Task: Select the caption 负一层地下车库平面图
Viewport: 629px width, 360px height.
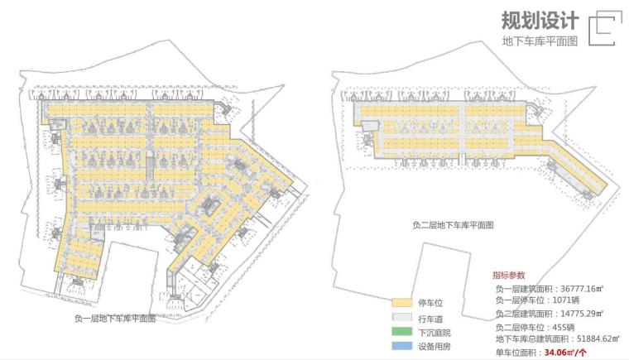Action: (115, 318)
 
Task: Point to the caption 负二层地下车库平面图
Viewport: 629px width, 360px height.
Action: (453, 224)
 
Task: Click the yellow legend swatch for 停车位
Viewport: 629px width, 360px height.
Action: (401, 303)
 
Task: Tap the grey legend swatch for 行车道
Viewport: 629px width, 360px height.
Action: (401, 317)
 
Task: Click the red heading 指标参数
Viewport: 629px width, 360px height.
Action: (508, 276)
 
